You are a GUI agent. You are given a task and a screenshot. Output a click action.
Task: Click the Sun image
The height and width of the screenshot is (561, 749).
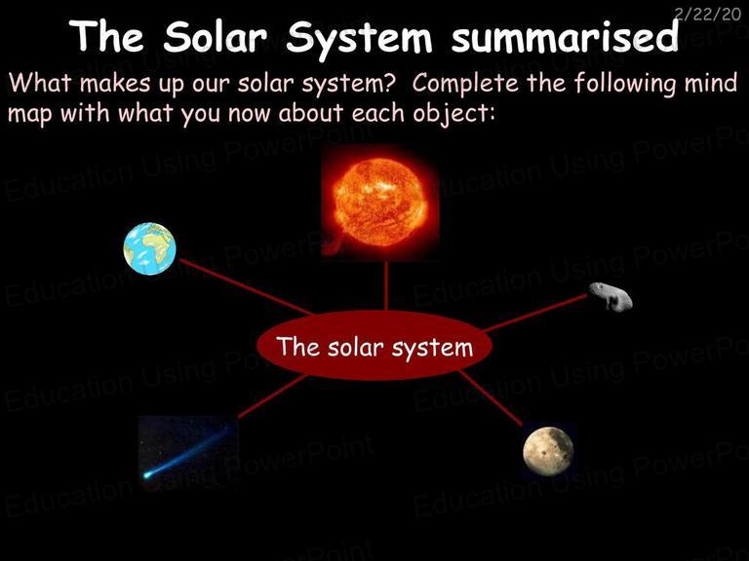380,203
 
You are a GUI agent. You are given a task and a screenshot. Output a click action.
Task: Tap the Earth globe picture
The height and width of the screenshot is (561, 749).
149,248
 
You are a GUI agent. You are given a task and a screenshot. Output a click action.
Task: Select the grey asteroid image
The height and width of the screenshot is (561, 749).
611,296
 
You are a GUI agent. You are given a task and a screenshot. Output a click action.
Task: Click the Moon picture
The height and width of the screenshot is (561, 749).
548,451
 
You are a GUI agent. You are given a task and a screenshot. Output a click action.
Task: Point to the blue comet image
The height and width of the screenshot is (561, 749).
188,453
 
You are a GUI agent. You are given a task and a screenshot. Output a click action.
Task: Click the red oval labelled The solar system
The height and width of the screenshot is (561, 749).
374,346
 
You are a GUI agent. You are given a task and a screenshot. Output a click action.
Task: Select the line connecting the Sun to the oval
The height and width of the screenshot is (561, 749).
386,285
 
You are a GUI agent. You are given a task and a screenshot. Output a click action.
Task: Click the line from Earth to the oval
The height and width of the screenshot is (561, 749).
247,286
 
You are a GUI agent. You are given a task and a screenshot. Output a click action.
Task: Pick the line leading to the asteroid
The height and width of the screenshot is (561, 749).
535,313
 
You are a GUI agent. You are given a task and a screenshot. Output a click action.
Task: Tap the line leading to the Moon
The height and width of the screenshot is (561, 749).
491,397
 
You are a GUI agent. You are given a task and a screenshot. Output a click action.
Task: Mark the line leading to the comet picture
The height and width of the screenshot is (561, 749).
272,396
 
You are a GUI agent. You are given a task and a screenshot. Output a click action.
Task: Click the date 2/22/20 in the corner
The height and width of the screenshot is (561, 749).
707,14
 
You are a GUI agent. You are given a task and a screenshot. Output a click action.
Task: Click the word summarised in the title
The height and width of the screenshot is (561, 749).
565,37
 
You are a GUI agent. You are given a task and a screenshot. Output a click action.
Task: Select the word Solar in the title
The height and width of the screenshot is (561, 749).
215,37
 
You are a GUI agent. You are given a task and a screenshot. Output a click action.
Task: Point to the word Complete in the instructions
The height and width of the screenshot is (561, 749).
465,83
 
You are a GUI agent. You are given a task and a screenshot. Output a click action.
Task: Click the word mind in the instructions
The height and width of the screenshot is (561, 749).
711,82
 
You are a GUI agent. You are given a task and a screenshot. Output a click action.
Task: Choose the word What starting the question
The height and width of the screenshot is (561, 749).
40,82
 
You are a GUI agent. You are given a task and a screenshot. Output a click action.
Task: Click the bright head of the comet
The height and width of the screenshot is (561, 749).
147,475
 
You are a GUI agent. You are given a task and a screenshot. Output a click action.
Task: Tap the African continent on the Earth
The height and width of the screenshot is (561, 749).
159,243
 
